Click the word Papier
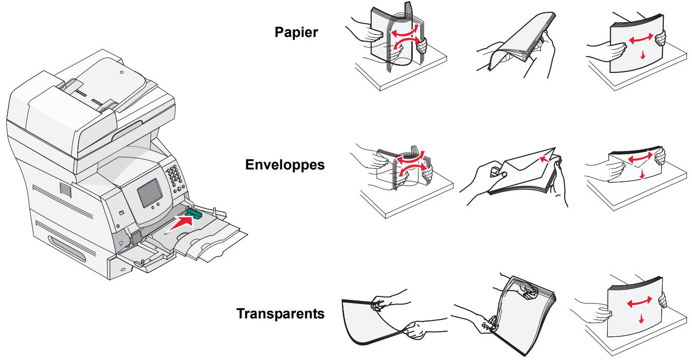pyautogui.click(x=296, y=32)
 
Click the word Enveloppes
pyautogui.click(x=285, y=165)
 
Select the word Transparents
pyautogui.click(x=280, y=313)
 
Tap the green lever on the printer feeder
pyautogui.click(x=194, y=213)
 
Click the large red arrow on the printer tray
pyautogui.click(x=181, y=223)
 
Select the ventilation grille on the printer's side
pyautogui.click(x=65, y=190)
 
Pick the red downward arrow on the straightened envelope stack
pyautogui.click(x=642, y=174)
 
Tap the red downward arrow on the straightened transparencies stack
pyautogui.click(x=641, y=318)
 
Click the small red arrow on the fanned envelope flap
pyautogui.click(x=545, y=159)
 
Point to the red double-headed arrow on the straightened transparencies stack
pyautogui.click(x=640, y=302)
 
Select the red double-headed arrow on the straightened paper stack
pyautogui.click(x=641, y=39)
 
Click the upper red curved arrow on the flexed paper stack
pyautogui.click(x=405, y=31)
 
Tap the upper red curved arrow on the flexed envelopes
pyautogui.click(x=410, y=158)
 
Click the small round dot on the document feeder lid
pyautogui.click(x=122, y=72)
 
